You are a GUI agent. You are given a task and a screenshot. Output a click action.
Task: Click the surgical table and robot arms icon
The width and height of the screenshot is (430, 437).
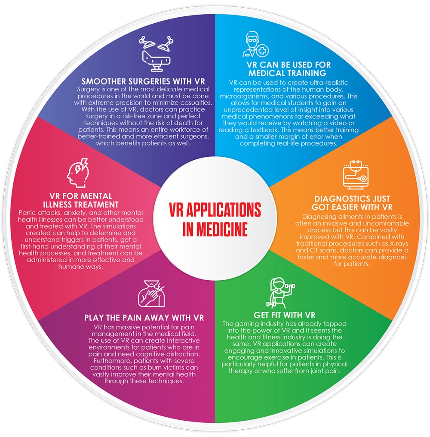[156, 54]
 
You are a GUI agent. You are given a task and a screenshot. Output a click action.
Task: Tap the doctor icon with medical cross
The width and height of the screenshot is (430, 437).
[255, 45]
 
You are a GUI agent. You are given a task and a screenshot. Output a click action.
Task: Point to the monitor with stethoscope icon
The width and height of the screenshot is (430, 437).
[356, 175]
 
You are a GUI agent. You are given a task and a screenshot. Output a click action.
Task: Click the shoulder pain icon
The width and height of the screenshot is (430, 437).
[152, 294]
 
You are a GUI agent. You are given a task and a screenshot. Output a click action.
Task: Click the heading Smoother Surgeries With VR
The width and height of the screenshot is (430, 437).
[143, 81]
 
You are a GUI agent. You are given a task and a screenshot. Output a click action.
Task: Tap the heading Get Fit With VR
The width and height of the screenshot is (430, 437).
[284, 315]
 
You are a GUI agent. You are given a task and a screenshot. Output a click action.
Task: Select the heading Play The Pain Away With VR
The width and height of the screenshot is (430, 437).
[144, 318]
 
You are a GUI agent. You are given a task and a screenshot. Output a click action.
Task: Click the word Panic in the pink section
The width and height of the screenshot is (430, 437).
[27, 213]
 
